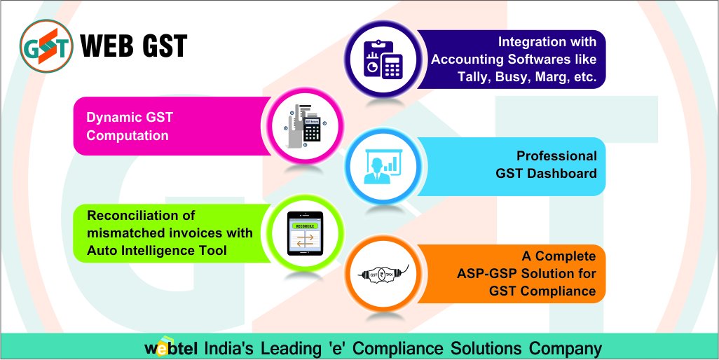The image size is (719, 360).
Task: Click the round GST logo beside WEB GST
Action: (x=46, y=46)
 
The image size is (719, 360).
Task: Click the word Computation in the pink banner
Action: (x=128, y=135)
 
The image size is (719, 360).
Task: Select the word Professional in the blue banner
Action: (x=556, y=155)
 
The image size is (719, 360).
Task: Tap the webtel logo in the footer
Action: (x=171, y=348)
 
